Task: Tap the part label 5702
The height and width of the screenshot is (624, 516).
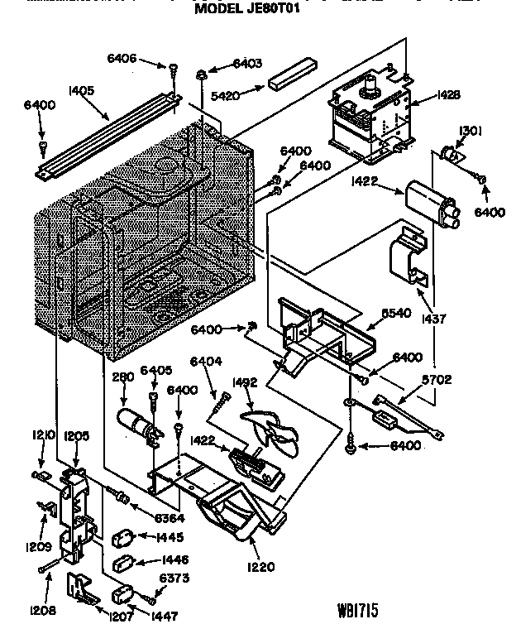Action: [437, 380]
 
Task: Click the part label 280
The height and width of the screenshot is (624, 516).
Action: [123, 377]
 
